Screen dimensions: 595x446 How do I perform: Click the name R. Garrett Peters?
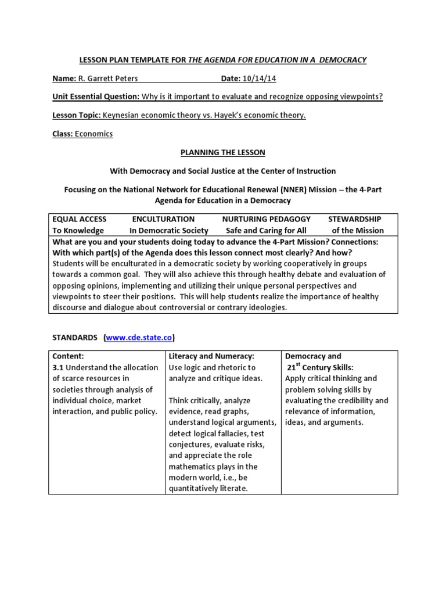[x=105, y=78]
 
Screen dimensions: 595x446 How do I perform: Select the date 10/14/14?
[x=259, y=78]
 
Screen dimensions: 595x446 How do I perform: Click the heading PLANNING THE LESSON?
[x=223, y=152]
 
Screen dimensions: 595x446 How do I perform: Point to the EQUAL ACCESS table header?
[x=80, y=219]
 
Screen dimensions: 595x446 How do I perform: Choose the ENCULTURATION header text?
[x=163, y=219]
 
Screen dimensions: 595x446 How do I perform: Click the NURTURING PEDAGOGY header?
[x=266, y=219]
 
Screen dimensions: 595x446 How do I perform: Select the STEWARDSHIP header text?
[x=354, y=219]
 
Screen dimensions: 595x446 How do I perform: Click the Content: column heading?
[x=69, y=356]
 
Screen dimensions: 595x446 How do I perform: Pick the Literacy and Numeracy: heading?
[x=211, y=356]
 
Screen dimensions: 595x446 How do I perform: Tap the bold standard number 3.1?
[x=58, y=367]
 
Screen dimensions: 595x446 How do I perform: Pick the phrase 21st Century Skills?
[x=321, y=367]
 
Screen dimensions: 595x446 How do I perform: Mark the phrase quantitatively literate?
[x=208, y=488]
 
